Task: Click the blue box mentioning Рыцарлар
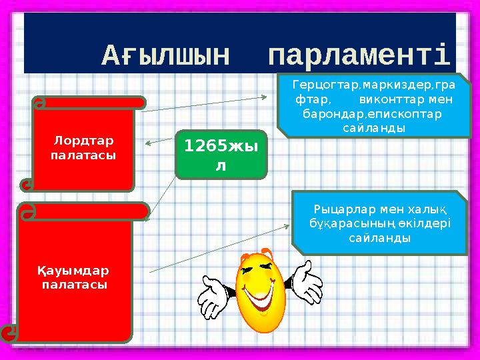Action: (381, 222)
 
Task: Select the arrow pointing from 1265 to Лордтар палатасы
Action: (159, 141)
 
